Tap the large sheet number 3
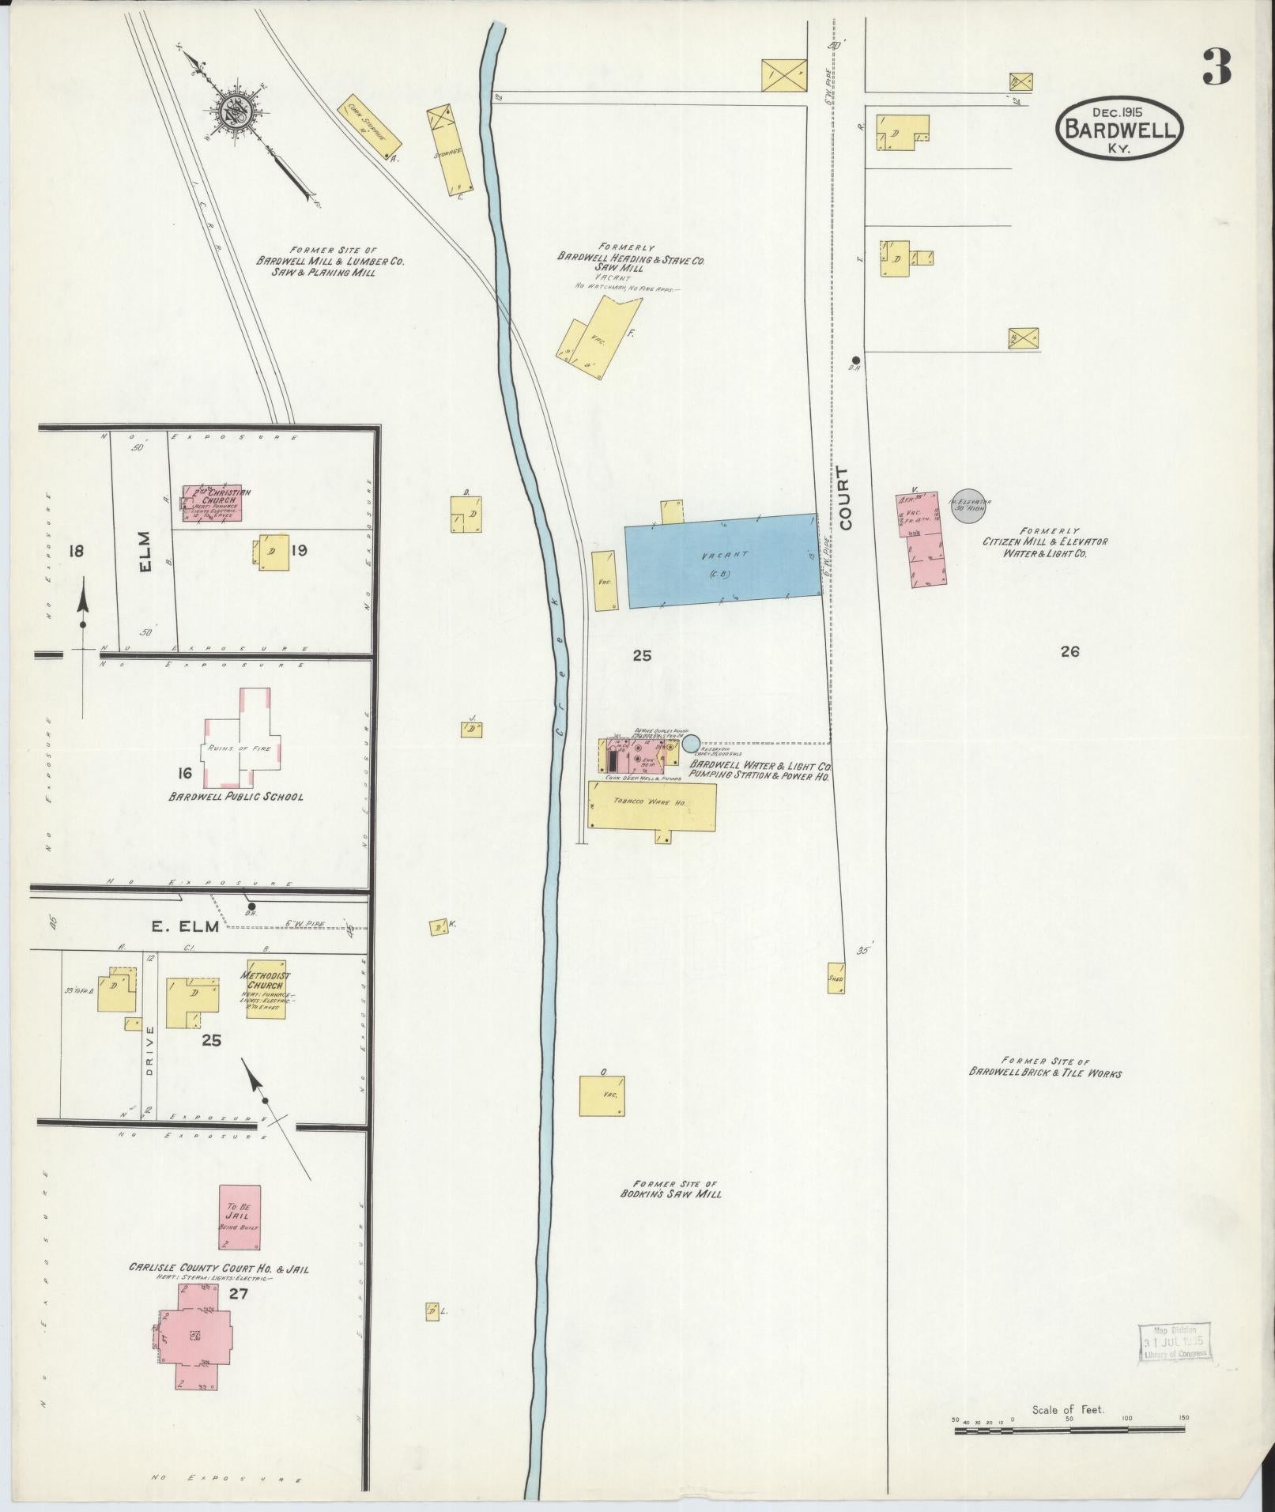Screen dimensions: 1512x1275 pyautogui.click(x=1216, y=68)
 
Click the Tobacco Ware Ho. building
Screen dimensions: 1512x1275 pyautogui.click(x=652, y=805)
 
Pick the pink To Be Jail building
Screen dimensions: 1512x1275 pyautogui.click(x=240, y=1218)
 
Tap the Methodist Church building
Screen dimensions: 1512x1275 pyautogui.click(x=266, y=989)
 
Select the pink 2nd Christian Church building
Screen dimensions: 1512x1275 pyautogui.click(x=212, y=503)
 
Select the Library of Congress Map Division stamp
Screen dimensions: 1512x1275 pyautogui.click(x=1175, y=1342)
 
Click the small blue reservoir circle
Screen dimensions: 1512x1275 pyautogui.click(x=691, y=743)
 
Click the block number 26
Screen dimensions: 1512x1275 pyautogui.click(x=1070, y=652)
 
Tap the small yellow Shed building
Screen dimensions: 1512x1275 pyautogui.click(x=836, y=978)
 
